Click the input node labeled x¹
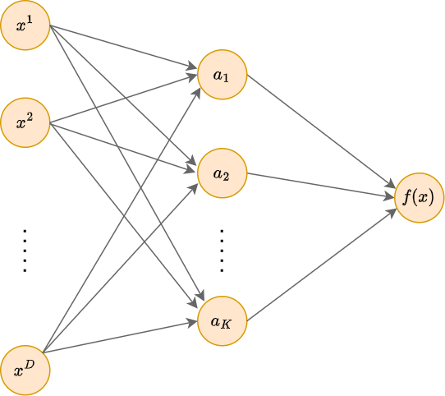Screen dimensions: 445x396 25,25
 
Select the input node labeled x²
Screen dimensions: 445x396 25,122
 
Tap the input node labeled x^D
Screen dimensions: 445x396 25,371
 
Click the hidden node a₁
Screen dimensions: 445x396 222,75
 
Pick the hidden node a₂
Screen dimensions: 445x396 222,173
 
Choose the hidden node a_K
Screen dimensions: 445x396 222,321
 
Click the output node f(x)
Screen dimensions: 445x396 420,198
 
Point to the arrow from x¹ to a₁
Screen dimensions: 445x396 123,47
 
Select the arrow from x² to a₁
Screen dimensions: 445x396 123,99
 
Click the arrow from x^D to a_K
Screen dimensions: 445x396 120,337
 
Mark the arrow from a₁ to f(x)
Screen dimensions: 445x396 321,131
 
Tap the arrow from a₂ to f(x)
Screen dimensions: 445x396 321,185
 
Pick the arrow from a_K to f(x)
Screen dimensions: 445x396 322,265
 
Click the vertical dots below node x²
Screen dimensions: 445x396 25,251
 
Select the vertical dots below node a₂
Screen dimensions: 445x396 222,251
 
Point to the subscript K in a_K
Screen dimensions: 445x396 226,325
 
